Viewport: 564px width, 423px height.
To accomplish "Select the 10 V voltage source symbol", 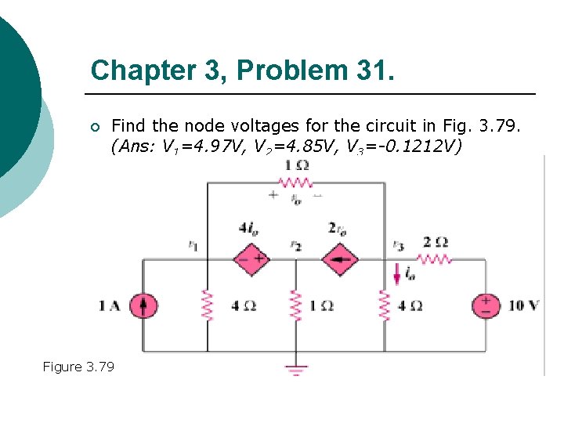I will point(486,305).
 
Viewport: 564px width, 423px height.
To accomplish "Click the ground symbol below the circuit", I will point(295,369).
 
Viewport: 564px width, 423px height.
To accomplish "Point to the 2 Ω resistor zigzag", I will point(435,258).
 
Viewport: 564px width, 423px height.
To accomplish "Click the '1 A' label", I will point(110,305).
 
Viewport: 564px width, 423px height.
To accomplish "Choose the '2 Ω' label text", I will point(435,241).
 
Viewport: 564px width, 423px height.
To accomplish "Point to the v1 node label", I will point(193,245).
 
